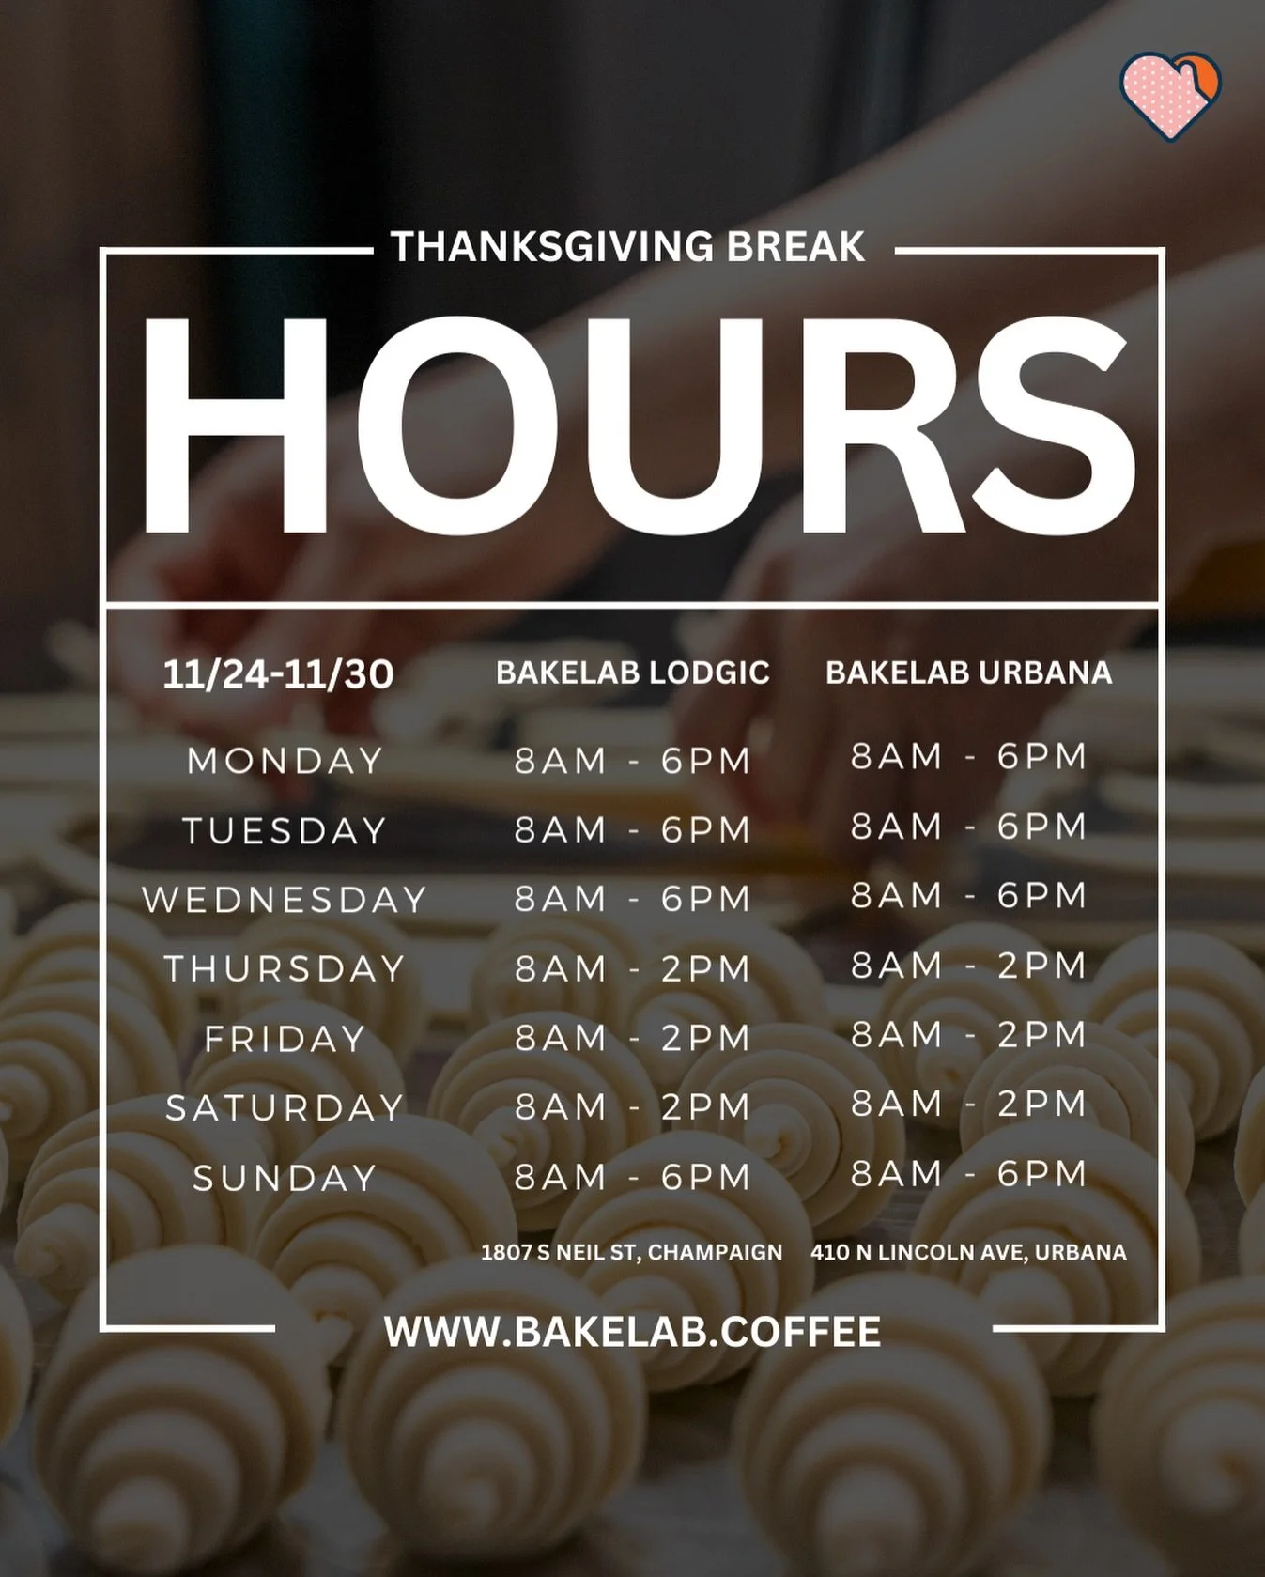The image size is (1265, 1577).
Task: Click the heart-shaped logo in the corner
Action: click(1169, 95)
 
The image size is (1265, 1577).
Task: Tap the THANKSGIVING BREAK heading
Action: click(627, 247)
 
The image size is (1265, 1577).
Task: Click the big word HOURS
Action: click(637, 426)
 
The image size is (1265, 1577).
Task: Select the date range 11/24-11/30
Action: click(278, 674)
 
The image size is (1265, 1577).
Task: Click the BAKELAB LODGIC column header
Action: click(632, 673)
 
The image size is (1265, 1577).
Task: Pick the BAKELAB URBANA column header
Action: click(968, 673)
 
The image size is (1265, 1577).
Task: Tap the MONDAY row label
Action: click(285, 761)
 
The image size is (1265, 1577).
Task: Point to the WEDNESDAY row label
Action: click(285, 900)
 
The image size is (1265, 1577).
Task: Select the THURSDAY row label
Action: click(285, 968)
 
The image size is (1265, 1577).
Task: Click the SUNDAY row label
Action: click(285, 1178)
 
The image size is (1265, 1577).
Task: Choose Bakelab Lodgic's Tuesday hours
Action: click(632, 830)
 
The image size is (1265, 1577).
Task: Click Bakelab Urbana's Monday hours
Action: click(968, 756)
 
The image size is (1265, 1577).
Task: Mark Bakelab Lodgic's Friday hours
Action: click(632, 1038)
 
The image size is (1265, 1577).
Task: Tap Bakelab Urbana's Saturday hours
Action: click(968, 1104)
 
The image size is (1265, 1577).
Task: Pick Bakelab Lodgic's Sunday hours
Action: click(632, 1177)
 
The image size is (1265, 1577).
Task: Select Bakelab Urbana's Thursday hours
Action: click(968, 966)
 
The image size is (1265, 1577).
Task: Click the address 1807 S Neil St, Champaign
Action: click(631, 1252)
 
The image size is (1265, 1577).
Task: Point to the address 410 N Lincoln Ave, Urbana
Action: click(968, 1252)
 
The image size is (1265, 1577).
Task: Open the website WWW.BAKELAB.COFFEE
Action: click(632, 1332)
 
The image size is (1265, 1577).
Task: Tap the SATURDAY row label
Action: click(285, 1108)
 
